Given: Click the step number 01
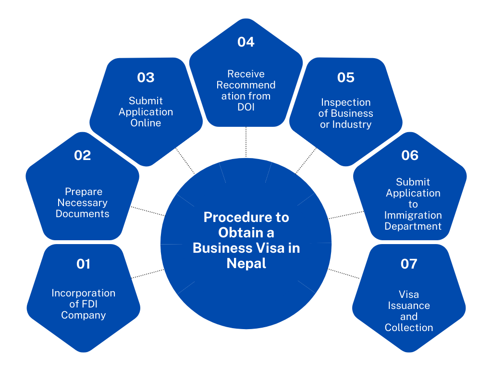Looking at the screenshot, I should [x=83, y=264].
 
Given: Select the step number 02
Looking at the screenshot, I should [x=83, y=155].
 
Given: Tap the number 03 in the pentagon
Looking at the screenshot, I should [x=146, y=77].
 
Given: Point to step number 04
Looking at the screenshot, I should [x=246, y=42].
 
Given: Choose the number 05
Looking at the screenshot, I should [x=345, y=77].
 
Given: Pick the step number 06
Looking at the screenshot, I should [x=409, y=155].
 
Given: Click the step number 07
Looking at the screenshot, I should [x=409, y=264].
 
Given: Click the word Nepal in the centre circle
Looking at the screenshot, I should [x=246, y=264].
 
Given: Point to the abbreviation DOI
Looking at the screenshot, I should [x=246, y=107].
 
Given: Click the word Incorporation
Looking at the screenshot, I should [x=84, y=293].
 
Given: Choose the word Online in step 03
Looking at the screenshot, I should [x=146, y=123].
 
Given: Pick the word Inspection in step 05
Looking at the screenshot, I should [x=345, y=102].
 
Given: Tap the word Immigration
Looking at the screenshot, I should [x=413, y=215].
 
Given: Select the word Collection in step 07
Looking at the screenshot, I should [x=409, y=328].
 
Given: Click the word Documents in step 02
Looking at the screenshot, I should [x=82, y=214].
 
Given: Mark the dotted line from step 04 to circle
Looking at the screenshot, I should [x=246, y=142].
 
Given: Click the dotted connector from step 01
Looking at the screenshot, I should [x=147, y=273].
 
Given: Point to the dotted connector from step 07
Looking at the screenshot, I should [x=344, y=273].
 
